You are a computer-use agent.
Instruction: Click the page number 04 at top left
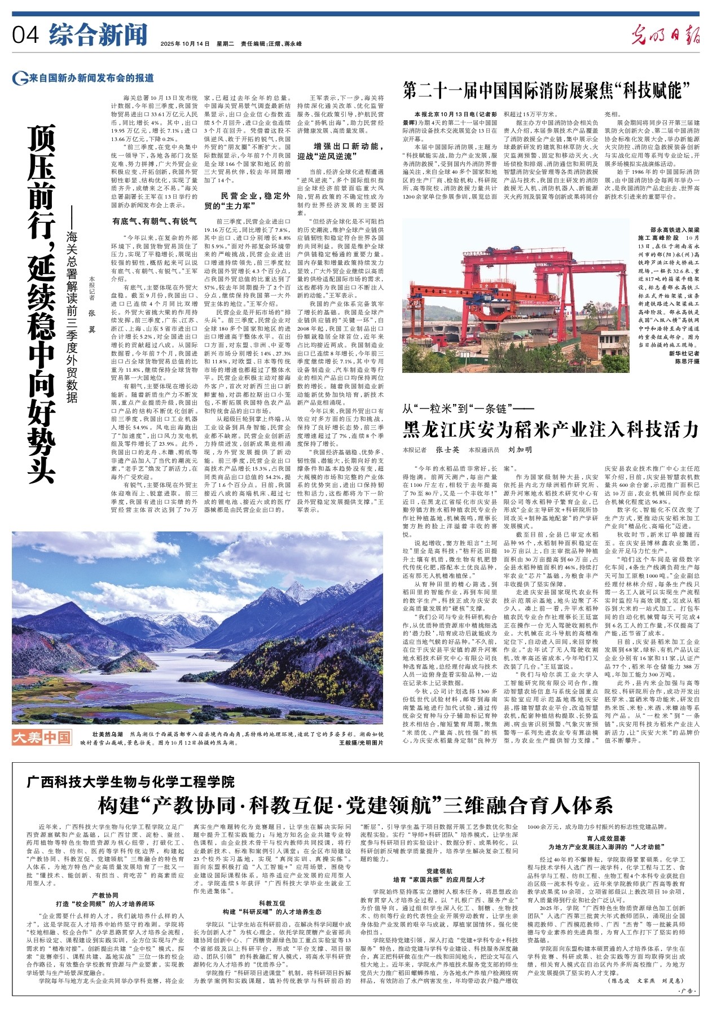[x=25, y=35]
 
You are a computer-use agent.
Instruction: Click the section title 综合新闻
[x=98, y=34]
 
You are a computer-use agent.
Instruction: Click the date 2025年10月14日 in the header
[x=185, y=43]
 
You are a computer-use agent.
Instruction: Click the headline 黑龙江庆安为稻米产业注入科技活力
[x=551, y=430]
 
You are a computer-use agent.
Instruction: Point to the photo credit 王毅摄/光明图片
[x=361, y=742]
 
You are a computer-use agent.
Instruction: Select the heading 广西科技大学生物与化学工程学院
[x=131, y=782]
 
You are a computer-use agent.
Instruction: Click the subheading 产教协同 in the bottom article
[x=106, y=895]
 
